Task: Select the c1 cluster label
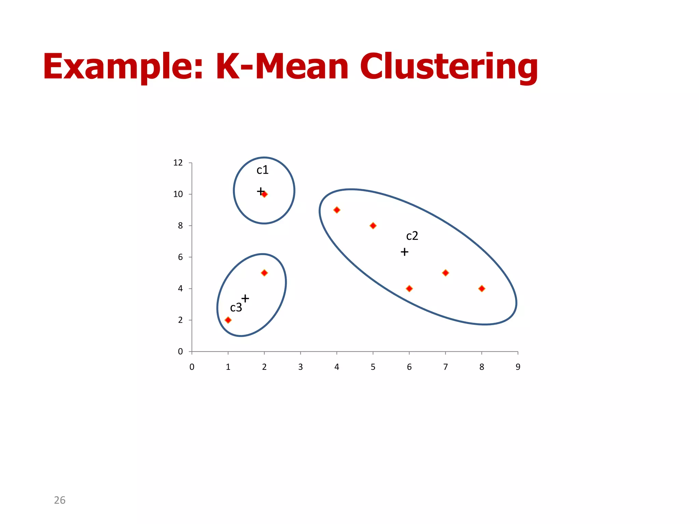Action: (x=262, y=170)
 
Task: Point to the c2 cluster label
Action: (x=412, y=236)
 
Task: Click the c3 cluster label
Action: (x=236, y=308)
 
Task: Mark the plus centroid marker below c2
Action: (x=404, y=252)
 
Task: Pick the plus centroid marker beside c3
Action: (x=245, y=299)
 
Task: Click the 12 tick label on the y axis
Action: (x=178, y=163)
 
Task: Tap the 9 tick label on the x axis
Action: (x=518, y=367)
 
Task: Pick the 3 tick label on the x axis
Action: (x=300, y=367)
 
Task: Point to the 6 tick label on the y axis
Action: (x=180, y=257)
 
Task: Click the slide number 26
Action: (x=60, y=500)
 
